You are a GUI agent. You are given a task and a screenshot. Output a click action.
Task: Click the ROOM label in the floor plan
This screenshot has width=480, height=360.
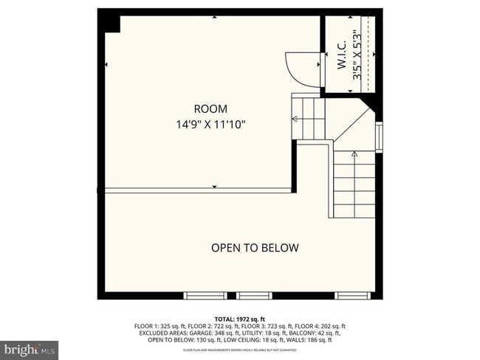click(210, 108)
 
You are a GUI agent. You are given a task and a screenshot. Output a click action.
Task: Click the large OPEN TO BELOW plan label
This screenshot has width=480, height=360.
click(255, 248)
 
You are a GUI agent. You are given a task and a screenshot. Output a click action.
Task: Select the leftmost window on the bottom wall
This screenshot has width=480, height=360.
click(205, 296)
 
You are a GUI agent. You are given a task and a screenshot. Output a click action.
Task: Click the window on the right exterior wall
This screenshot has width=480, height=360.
click(379, 136)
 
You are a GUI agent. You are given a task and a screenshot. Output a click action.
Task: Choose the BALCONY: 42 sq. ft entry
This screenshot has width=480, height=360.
click(306, 333)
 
